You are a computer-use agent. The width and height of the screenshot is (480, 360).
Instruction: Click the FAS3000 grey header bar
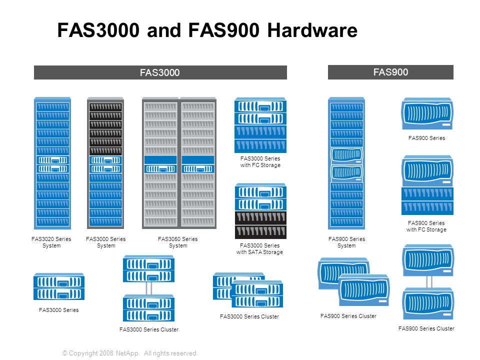tap(160, 72)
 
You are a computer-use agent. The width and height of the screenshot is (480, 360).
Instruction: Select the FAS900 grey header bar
tap(390, 72)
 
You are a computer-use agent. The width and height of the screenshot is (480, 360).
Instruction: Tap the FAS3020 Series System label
tap(51, 242)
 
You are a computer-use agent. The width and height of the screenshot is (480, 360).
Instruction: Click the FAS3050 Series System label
tap(177, 242)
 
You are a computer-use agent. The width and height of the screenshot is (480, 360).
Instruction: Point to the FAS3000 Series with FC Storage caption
tap(260, 161)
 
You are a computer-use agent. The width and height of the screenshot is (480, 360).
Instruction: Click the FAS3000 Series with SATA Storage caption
tap(259, 248)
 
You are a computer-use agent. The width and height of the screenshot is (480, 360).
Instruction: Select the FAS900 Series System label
tap(346, 242)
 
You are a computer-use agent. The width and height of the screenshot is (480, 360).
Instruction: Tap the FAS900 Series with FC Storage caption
tap(426, 226)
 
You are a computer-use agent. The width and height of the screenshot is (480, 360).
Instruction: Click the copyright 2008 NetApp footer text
tap(130, 353)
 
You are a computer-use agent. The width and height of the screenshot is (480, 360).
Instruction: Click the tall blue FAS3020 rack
tap(52, 163)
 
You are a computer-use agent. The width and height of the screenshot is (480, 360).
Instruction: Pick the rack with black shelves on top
tap(105, 163)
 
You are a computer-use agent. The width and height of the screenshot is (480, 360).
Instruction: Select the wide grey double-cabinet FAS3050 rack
tap(179, 163)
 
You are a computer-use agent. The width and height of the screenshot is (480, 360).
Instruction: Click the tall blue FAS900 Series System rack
tap(346, 163)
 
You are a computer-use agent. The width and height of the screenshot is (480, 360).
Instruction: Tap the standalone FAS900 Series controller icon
tap(427, 114)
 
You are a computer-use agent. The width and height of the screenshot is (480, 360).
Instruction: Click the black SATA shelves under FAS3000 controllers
tap(260, 225)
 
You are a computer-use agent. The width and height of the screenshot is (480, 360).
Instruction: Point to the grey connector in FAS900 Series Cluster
tap(428, 281)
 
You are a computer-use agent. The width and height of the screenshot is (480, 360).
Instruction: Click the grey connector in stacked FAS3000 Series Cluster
tap(148, 288)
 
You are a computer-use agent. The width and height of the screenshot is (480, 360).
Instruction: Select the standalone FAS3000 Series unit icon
tap(59, 286)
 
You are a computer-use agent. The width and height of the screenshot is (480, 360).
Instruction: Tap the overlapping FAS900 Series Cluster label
tap(348, 316)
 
